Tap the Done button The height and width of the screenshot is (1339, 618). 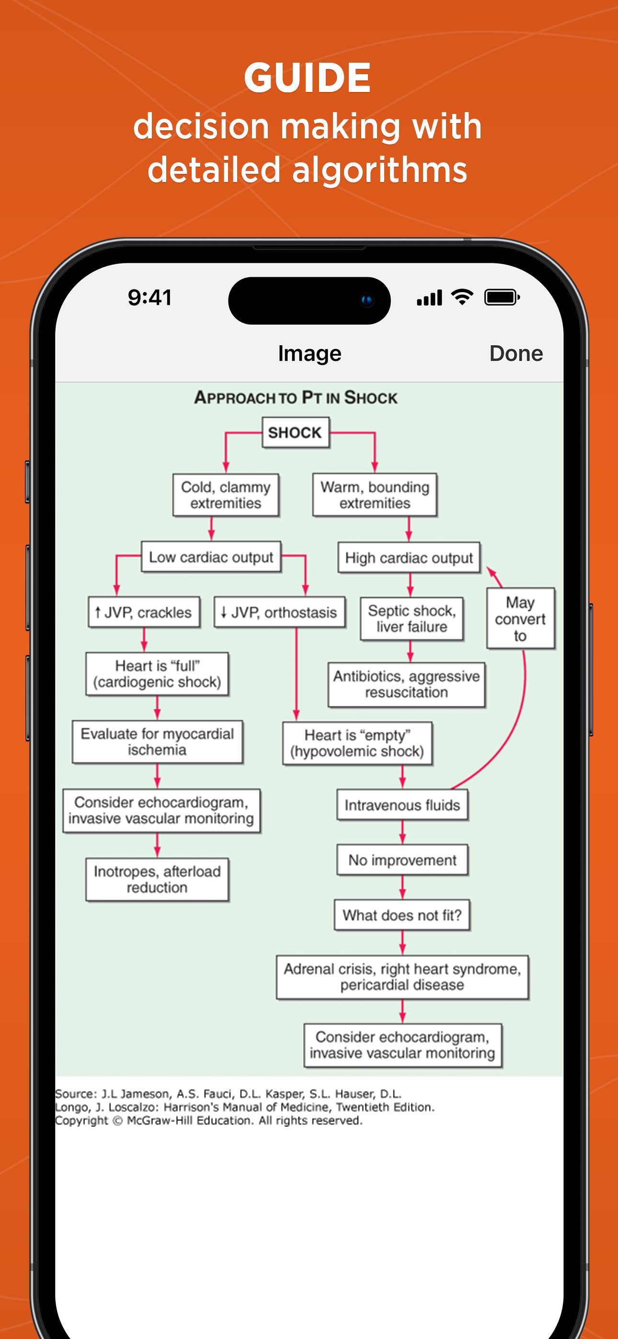(515, 353)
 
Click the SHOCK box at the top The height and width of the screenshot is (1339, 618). (295, 432)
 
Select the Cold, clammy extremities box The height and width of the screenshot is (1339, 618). (226, 495)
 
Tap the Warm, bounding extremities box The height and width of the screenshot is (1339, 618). (375, 495)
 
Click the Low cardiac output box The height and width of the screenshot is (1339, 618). (211, 557)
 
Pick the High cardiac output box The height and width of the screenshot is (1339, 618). (409, 558)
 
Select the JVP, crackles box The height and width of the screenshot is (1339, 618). (144, 613)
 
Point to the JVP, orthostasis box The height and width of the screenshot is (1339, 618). (279, 613)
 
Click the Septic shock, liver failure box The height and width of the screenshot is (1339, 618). (412, 619)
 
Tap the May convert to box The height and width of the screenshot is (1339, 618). (520, 619)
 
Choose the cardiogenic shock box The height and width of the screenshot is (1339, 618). (157, 674)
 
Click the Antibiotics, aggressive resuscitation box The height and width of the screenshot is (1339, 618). (406, 684)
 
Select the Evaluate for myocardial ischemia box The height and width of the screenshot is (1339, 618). (157, 742)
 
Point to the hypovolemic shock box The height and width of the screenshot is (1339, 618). (357, 743)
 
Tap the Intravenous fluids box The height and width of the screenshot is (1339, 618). (402, 805)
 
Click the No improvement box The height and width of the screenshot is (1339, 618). (402, 860)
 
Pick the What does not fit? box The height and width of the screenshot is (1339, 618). (402, 915)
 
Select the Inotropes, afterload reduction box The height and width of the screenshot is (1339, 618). (157, 880)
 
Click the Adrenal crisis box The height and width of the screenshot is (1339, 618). (402, 976)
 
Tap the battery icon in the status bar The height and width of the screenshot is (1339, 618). (502, 297)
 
